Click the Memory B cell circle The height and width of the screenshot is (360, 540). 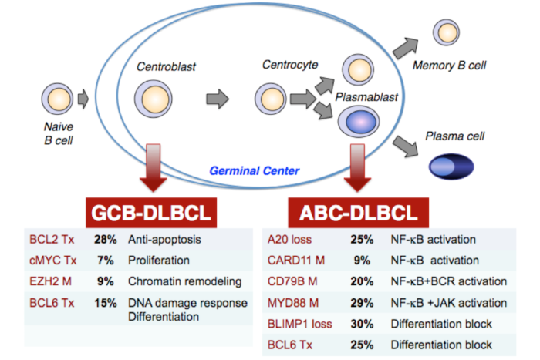tap(447, 32)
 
